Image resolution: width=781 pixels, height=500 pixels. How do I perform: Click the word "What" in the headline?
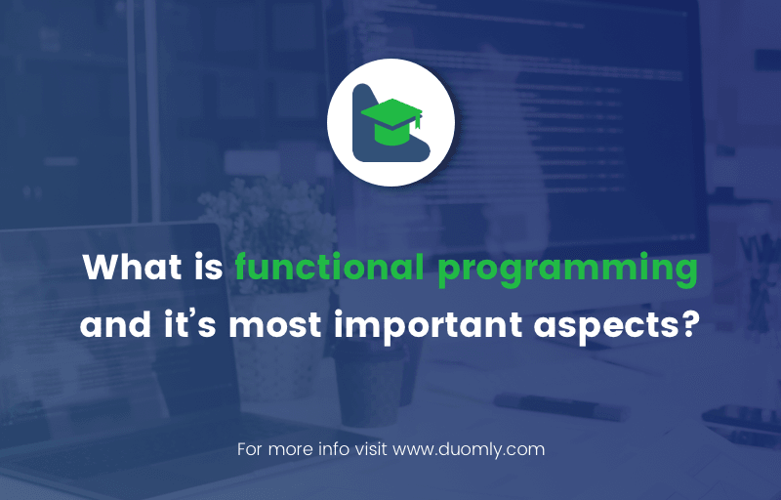132,268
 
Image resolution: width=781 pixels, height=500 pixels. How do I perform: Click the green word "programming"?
567,271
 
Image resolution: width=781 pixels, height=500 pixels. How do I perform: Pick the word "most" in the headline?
275,325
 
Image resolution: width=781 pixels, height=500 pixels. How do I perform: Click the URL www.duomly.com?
469,449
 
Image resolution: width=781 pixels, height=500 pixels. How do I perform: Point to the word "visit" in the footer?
371,449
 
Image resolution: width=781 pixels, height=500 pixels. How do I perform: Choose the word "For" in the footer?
250,449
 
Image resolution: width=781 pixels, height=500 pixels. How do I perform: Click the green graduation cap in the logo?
391,121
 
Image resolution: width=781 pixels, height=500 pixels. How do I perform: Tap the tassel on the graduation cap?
418,121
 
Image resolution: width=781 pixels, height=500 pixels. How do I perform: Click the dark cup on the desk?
370,387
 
